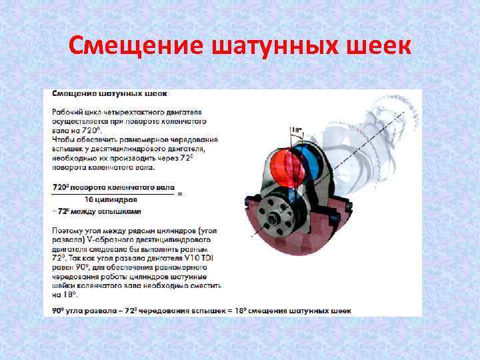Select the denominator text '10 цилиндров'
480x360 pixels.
pos(111,199)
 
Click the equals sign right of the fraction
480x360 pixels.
pos(179,194)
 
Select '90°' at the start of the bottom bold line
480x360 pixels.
pos(58,311)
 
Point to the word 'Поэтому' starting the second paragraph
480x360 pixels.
pos(67,229)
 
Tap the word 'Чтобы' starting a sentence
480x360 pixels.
pos(63,141)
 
